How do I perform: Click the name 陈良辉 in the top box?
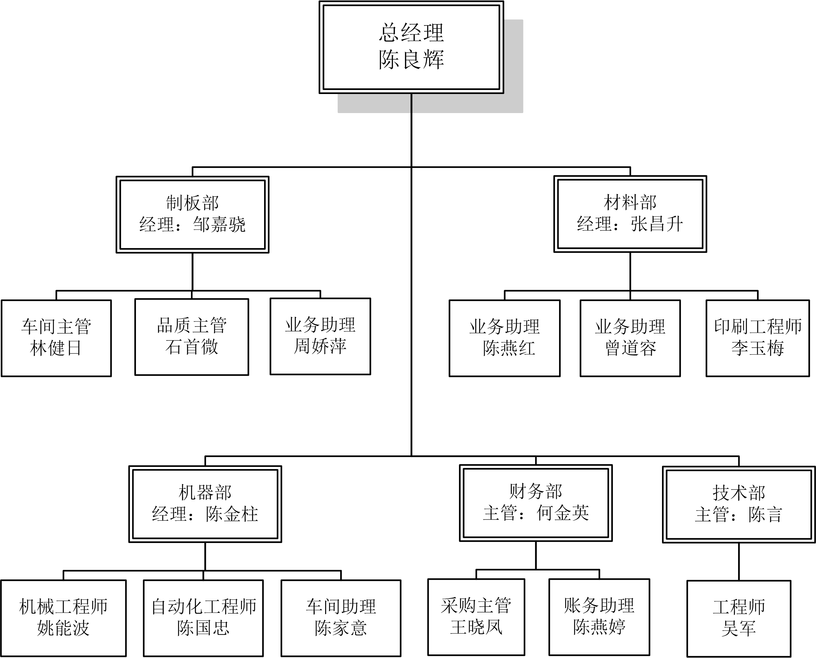pyautogui.click(x=411, y=60)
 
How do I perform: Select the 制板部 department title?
pyautogui.click(x=192, y=203)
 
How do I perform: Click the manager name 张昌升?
pyautogui.click(x=657, y=224)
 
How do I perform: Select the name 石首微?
pyautogui.click(x=192, y=347)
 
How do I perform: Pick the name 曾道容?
pyautogui.click(x=630, y=348)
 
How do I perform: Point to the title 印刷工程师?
pyautogui.click(x=758, y=326)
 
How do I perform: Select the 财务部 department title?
pyautogui.click(x=535, y=491)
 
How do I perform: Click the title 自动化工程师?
pyautogui.click(x=204, y=607)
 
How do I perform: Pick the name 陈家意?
pyautogui.click(x=340, y=628)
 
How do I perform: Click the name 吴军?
pyautogui.click(x=738, y=629)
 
